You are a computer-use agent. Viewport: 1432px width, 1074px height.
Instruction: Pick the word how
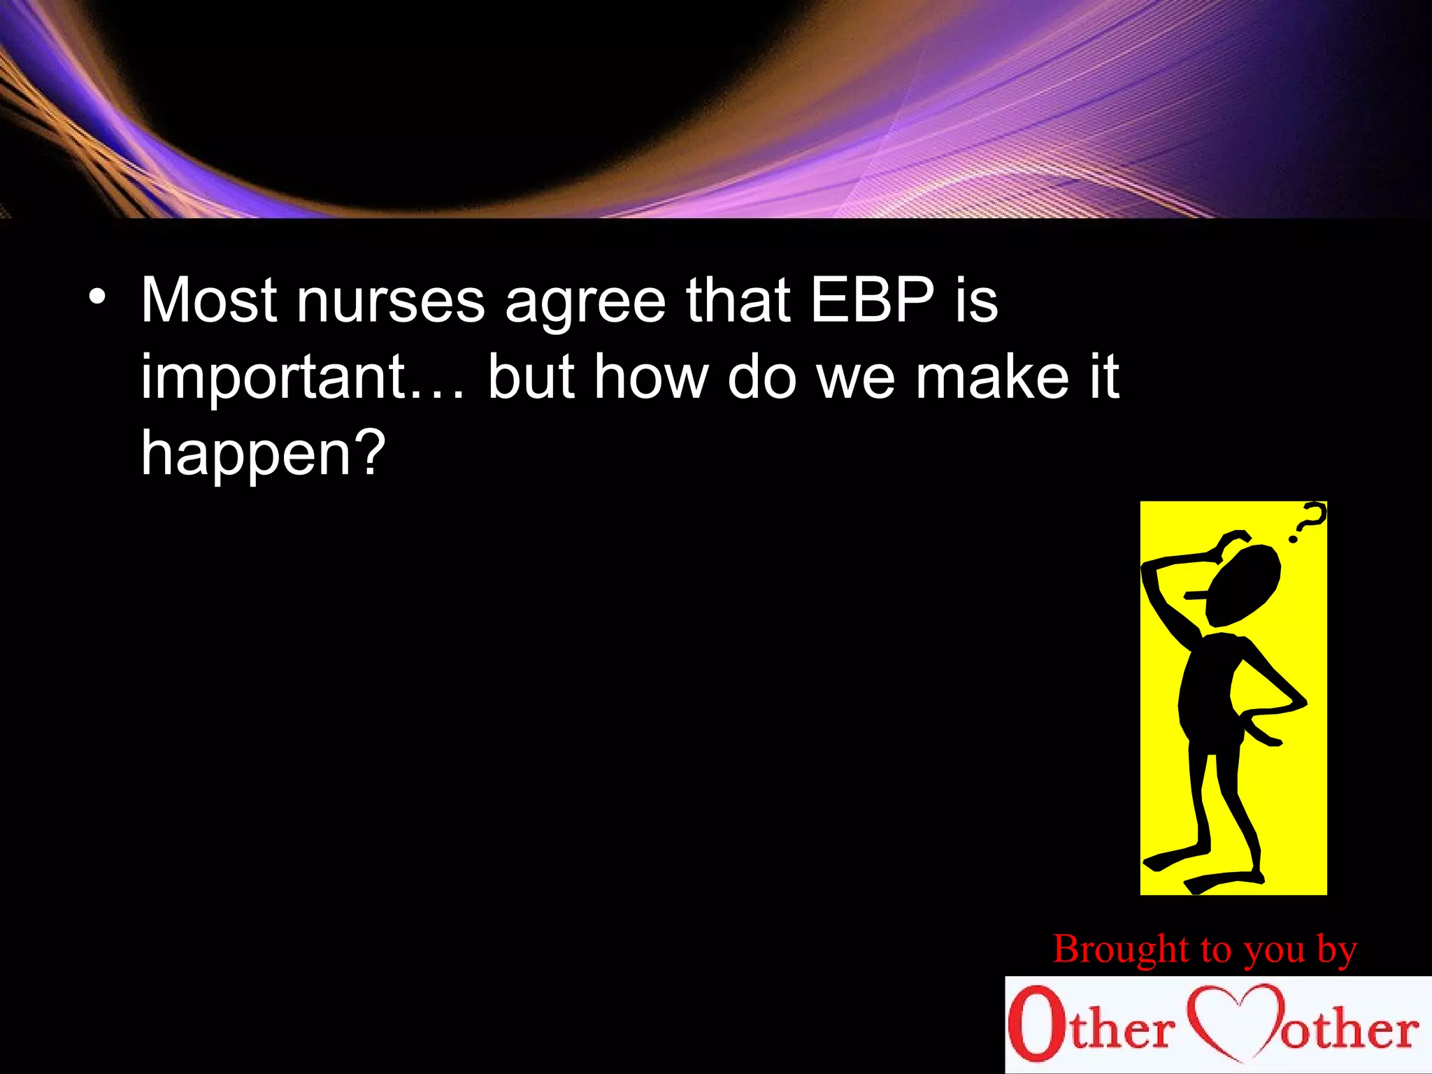tap(650, 378)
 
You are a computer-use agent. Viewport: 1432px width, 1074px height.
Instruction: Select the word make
tap(992, 378)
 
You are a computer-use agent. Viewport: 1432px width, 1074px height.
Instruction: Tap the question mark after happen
tap(366, 452)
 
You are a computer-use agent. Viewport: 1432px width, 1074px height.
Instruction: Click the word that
tap(738, 301)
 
